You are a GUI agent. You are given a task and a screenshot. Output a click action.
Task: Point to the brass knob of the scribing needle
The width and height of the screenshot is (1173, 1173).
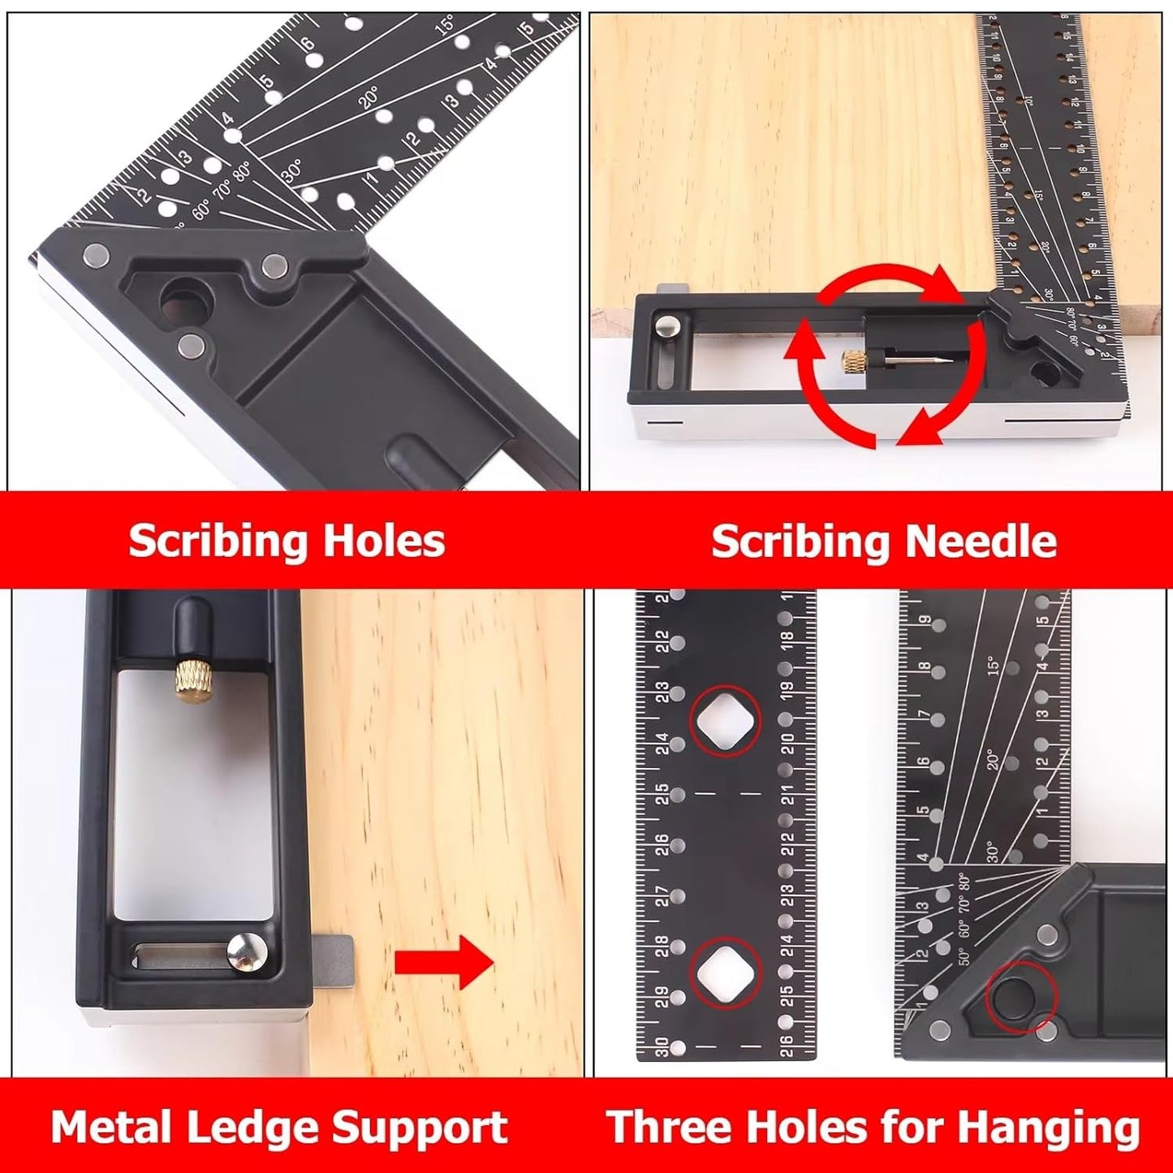[x=853, y=358]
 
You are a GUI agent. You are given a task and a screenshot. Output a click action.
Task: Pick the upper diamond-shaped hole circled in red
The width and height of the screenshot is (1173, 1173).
[x=725, y=721]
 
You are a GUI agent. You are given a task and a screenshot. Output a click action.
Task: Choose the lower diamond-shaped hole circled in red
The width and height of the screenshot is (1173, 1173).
[x=725, y=972]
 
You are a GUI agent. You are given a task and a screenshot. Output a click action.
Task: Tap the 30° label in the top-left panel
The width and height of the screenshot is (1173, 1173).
[x=292, y=170]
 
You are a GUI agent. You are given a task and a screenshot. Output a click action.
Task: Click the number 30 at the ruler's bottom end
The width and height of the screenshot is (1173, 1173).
[x=662, y=1048]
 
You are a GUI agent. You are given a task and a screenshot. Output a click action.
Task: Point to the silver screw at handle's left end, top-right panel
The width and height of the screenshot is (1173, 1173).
[x=670, y=326]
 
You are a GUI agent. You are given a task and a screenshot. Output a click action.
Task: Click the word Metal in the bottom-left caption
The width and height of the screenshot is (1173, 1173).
[x=105, y=1128]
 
